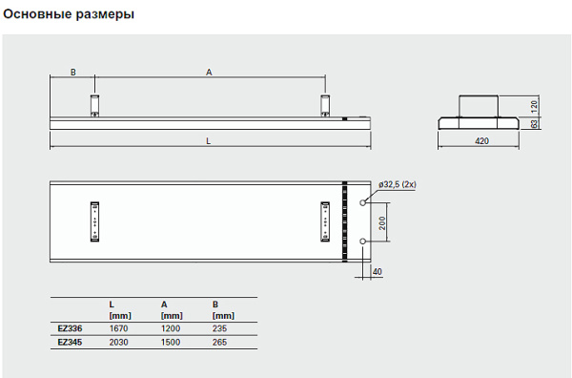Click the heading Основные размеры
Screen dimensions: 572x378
69,14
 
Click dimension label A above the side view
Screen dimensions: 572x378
209,73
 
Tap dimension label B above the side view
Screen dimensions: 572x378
73,73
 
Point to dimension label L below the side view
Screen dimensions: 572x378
208,141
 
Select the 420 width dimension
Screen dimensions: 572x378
481,141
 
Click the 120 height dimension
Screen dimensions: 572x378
534,106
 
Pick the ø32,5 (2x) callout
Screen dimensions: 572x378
398,184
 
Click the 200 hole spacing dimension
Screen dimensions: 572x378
382,222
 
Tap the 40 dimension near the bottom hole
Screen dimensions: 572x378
378,272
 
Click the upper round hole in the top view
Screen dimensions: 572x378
362,202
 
